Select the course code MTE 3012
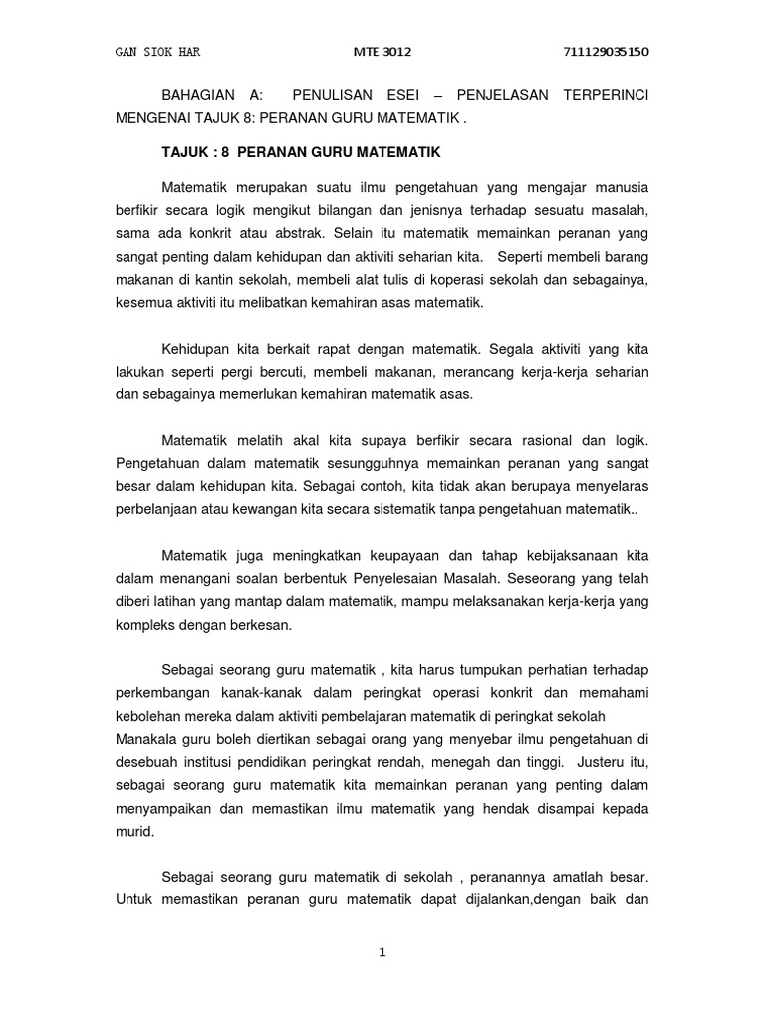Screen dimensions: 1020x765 click(x=382, y=51)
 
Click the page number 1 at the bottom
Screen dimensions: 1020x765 click(x=382, y=953)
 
